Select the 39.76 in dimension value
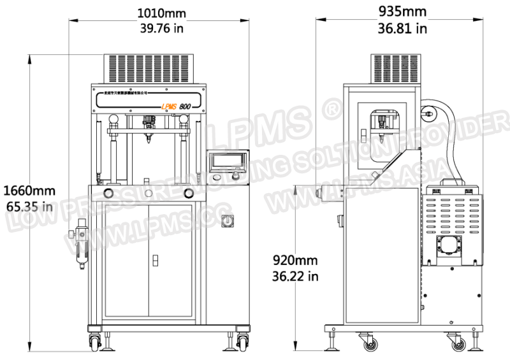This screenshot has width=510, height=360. click(163, 27)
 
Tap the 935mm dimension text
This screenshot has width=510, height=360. click(402, 11)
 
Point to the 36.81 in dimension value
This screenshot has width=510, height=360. click(402, 27)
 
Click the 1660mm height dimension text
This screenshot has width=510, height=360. click(30, 190)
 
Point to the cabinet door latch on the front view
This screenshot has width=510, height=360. click(156, 261)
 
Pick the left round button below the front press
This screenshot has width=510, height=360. click(109, 192)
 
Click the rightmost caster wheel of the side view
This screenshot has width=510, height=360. click(458, 344)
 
